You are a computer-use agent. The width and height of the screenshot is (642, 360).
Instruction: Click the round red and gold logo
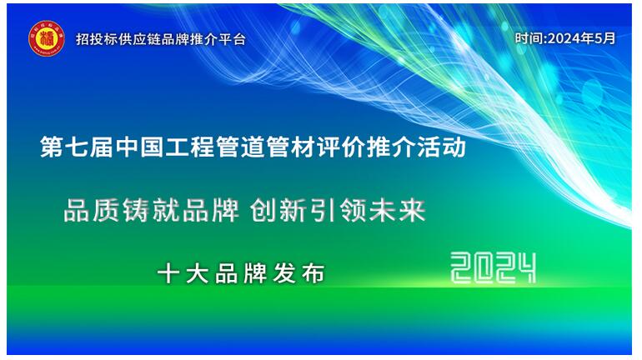point(46,38)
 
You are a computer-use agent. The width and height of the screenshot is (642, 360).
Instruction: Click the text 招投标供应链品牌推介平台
point(160,39)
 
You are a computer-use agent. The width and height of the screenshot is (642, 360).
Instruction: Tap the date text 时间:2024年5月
point(565,38)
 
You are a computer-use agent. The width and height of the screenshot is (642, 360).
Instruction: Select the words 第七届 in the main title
point(77,147)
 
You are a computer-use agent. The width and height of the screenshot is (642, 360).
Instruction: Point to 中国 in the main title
point(139,147)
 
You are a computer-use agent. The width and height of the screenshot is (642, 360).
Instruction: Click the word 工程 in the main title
point(190,147)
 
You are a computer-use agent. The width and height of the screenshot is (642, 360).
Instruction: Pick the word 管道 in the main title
point(240,147)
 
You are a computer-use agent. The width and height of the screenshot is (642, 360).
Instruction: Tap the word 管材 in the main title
point(291,147)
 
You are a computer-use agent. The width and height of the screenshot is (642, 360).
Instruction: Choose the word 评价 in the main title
point(341,147)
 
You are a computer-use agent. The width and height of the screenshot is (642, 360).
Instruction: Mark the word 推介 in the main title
point(391,147)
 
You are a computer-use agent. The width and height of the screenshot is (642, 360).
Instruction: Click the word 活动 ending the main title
point(441,147)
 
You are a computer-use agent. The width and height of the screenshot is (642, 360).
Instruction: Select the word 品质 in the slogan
point(92,210)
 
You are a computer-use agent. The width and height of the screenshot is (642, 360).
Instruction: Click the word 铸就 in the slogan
point(152,210)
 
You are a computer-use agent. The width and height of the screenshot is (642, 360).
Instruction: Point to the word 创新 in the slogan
point(278,210)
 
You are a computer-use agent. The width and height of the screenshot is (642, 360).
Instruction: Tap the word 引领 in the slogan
point(337,210)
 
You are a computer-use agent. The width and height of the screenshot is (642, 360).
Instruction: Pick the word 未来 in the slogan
point(397,210)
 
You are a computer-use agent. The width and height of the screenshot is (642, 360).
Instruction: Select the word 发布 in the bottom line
point(298,273)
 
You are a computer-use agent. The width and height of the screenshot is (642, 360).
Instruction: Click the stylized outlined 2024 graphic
point(493,267)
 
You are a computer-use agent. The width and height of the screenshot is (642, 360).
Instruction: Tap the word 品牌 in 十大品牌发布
point(241,273)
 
